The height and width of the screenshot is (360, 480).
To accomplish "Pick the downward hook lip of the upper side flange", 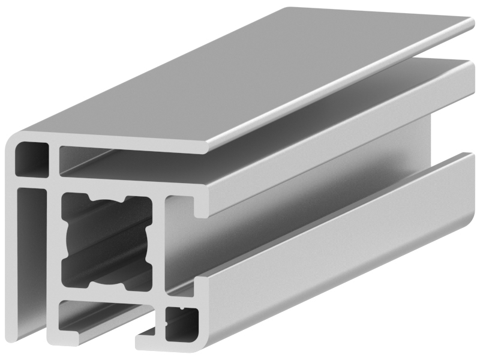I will [202, 210].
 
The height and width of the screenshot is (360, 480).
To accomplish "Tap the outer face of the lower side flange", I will [330, 270].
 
